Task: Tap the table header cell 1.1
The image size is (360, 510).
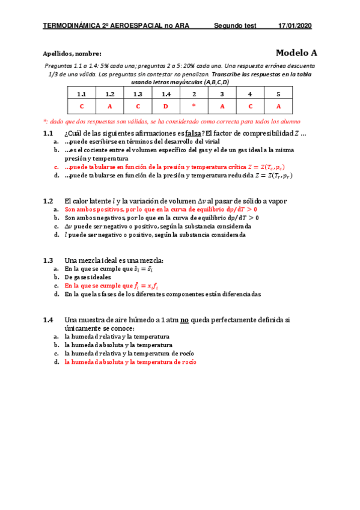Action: coord(81,94)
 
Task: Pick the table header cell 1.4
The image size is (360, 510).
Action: coord(166,94)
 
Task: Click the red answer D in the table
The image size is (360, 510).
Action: coord(166,106)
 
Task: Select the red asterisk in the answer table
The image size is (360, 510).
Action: coord(194,106)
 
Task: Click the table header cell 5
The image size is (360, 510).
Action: coord(278,94)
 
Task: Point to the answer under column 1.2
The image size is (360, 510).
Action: coord(109,106)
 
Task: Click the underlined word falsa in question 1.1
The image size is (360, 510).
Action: coord(194,134)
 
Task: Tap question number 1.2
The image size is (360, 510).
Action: coord(49,201)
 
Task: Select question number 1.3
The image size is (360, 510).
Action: coord(49,260)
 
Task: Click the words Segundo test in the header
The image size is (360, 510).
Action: coord(235,26)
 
